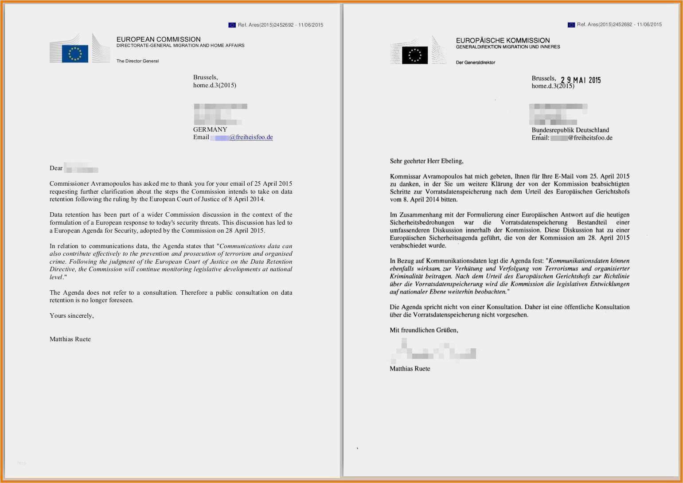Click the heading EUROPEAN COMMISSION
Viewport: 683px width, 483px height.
point(158,39)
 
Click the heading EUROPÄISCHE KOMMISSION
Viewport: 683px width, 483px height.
point(503,40)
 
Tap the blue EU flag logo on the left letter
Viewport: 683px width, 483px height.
point(75,54)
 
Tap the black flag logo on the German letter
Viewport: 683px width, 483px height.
point(415,55)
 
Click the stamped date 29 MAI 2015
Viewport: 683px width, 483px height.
point(581,80)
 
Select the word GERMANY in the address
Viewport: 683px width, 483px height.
point(210,129)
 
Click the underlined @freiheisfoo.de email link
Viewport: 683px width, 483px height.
point(251,137)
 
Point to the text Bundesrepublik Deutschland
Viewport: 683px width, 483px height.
point(570,130)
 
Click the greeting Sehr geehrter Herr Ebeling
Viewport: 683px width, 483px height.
point(426,161)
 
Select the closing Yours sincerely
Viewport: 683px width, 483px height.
point(71,316)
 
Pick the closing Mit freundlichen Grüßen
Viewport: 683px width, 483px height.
point(424,330)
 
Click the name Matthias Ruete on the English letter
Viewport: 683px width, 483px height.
point(70,339)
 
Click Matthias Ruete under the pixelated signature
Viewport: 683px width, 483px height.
point(410,368)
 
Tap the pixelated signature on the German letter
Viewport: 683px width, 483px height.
point(434,351)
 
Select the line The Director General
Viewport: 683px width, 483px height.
point(137,61)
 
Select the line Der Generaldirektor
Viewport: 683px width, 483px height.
point(475,62)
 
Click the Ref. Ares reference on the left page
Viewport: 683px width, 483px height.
point(280,25)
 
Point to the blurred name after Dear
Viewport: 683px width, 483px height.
point(81,168)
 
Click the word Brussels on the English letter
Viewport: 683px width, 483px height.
point(205,77)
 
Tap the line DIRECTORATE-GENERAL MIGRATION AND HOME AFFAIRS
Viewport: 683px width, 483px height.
point(180,46)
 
